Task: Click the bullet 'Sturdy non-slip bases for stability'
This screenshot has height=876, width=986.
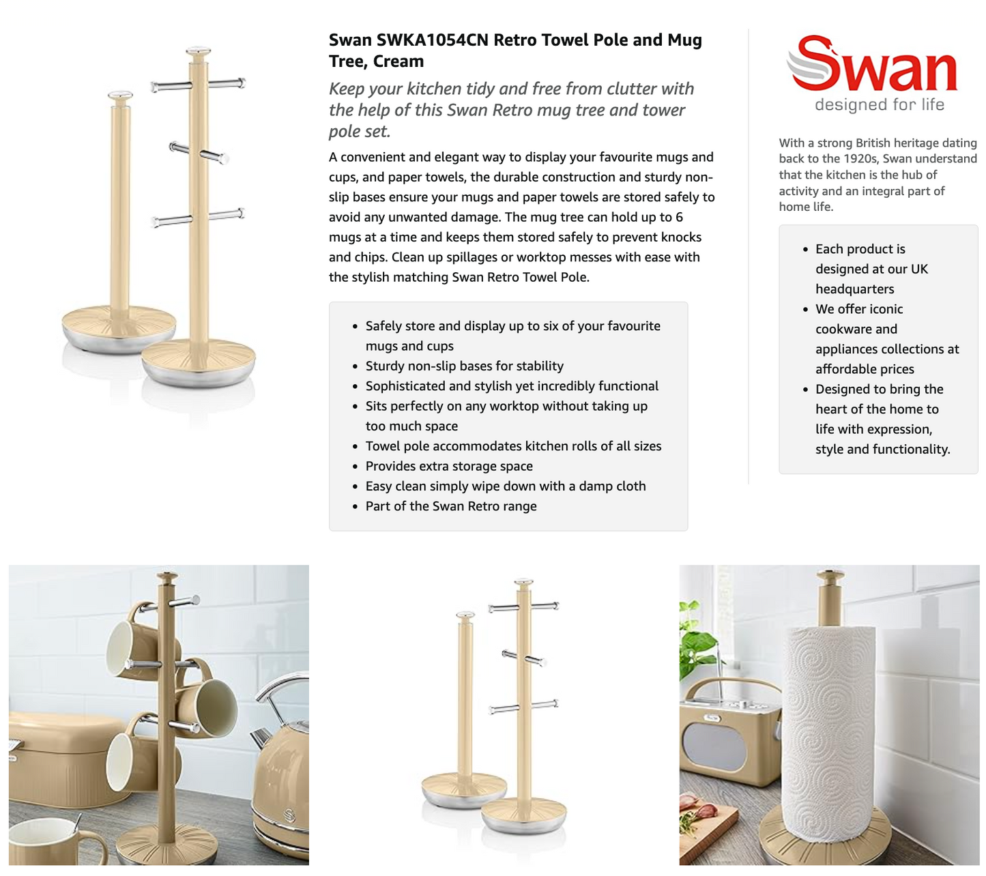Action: (464, 366)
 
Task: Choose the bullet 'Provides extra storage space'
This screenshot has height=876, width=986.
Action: (449, 466)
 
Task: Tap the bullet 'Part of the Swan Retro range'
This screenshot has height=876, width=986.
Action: (450, 506)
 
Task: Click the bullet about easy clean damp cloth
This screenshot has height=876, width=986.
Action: (505, 486)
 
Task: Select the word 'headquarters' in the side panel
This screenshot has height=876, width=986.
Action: (854, 289)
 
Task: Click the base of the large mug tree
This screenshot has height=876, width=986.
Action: (198, 362)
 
